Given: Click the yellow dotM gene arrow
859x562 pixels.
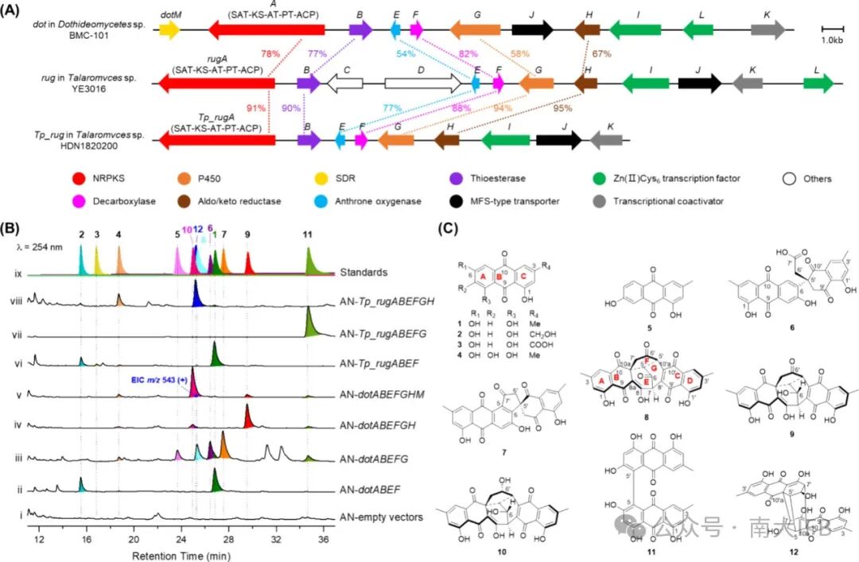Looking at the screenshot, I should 169,29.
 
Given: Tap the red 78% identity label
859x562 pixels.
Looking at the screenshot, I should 270,53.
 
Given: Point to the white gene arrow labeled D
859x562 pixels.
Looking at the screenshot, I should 422,83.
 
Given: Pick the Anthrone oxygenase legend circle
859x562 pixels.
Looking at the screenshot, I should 445,201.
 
